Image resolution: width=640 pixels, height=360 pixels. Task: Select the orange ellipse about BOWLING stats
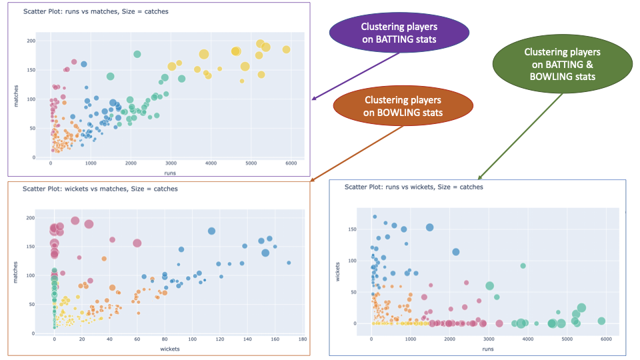(403, 106)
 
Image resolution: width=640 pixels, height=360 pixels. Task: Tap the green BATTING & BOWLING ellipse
(562, 64)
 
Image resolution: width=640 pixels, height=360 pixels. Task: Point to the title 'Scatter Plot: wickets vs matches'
(100, 189)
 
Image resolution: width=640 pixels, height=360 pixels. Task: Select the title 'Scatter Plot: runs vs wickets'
(413, 187)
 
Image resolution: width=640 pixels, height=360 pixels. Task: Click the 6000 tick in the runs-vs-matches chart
(290, 163)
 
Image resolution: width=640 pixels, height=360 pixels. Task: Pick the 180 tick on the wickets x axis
(302, 339)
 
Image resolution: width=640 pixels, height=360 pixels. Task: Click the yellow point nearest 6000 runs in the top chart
(286, 49)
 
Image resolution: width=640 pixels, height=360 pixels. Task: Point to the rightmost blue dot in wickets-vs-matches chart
(289, 263)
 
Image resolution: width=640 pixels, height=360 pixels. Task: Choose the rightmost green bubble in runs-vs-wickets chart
(601, 321)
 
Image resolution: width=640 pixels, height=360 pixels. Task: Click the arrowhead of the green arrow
(479, 178)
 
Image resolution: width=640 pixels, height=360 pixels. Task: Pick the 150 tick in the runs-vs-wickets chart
(361, 229)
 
